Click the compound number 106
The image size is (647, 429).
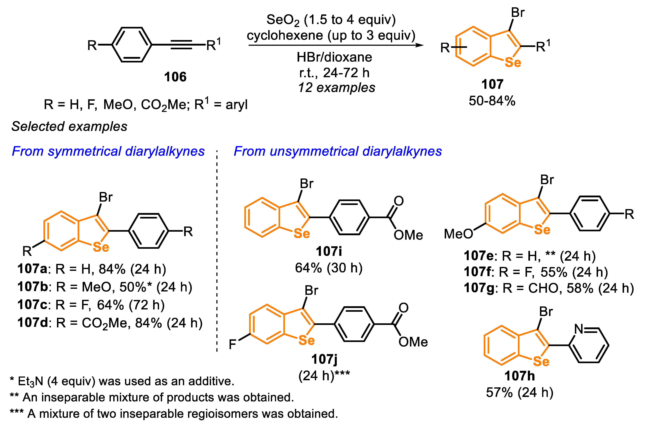coord(175,77)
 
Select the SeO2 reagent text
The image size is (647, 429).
coord(283,20)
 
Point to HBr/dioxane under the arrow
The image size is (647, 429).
coord(334,57)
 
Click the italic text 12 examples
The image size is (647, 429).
coord(337,88)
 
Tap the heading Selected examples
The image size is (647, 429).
coord(69,126)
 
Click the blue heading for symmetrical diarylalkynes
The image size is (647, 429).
coord(108,151)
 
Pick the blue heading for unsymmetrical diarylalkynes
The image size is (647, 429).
coord(338,151)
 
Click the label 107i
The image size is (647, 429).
coord(329,251)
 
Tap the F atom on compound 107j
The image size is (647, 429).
coord(232,344)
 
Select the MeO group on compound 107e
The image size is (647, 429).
coord(458,234)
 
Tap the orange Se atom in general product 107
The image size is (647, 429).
coord(513,63)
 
